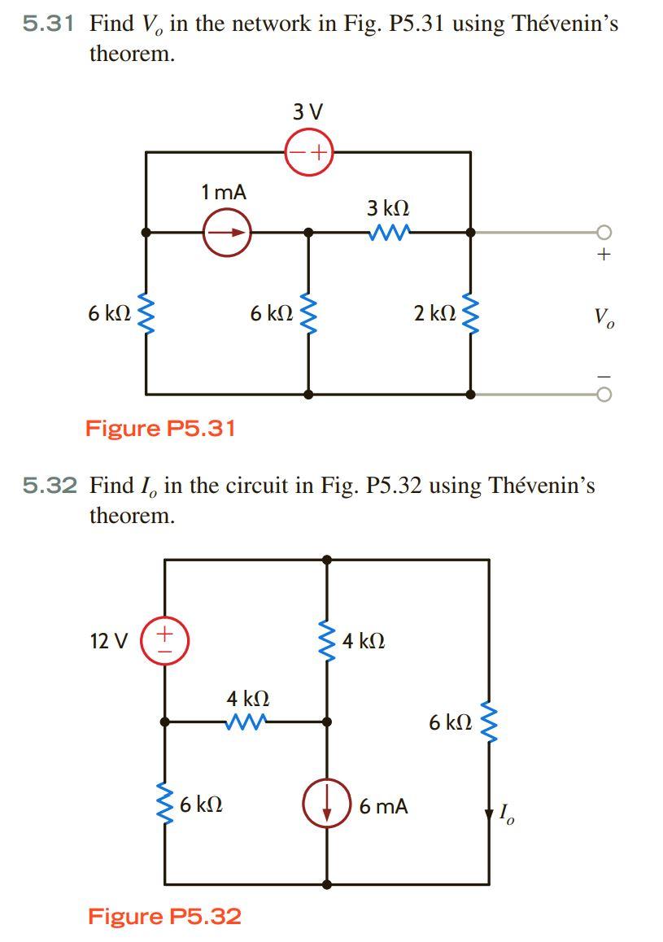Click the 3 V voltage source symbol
click(x=308, y=151)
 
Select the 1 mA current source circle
click(x=226, y=233)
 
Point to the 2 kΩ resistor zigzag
click(x=470, y=312)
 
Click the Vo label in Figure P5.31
click(x=604, y=316)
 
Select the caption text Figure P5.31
click(x=160, y=428)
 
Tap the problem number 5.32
click(x=49, y=486)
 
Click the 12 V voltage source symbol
click(x=165, y=640)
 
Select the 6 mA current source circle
click(x=327, y=805)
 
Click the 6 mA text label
click(x=384, y=806)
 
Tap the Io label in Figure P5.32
click(x=505, y=813)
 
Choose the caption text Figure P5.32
click(x=164, y=917)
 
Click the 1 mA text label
click(x=224, y=192)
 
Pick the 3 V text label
click(x=308, y=111)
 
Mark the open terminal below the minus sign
click(x=604, y=395)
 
